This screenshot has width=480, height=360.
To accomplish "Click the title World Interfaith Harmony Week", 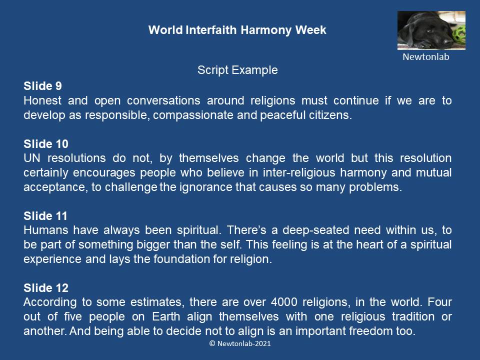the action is (237, 30).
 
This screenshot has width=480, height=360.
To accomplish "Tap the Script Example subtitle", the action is (237, 70).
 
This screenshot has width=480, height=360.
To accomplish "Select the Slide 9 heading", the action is (42, 86).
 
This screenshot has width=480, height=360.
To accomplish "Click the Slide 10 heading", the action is (46, 144).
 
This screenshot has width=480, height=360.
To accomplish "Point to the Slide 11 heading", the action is (45, 216).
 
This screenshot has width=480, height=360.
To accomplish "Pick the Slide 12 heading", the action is (46, 288).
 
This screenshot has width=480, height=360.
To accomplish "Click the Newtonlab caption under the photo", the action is (426, 57).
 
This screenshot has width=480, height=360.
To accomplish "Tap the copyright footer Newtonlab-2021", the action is (240, 343).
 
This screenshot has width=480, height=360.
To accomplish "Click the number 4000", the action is (284, 302).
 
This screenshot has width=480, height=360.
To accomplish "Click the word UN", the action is (32, 158).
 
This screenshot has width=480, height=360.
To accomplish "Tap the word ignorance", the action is (205, 187).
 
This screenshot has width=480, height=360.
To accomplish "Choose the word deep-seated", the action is (315, 230).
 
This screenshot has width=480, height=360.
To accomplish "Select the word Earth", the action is (166, 316).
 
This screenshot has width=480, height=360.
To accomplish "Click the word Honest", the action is (42, 100).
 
